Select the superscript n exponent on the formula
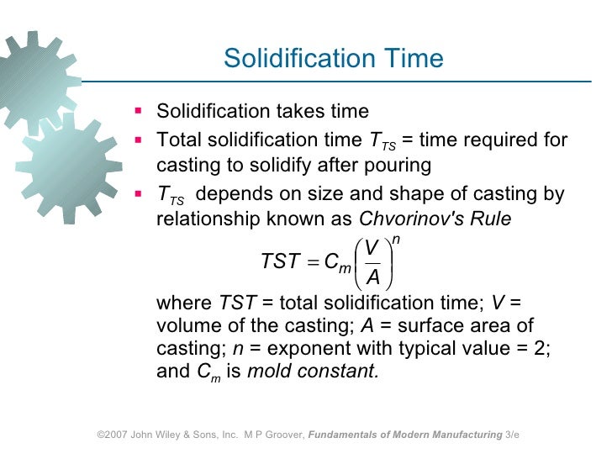[x=396, y=240]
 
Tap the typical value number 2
[x=539, y=349]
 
